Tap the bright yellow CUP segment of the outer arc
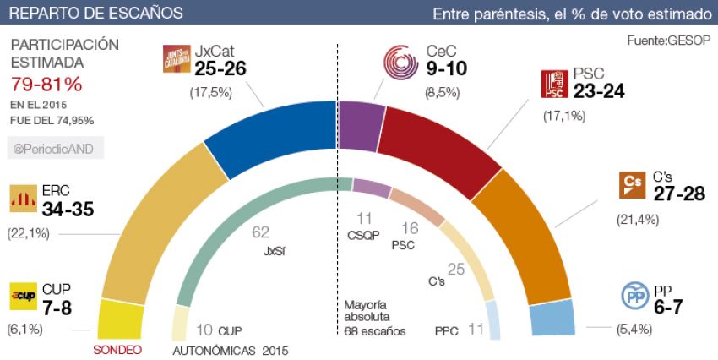[119, 319]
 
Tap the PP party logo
[635, 297]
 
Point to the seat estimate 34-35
[62, 208]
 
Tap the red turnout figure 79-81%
[46, 85]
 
